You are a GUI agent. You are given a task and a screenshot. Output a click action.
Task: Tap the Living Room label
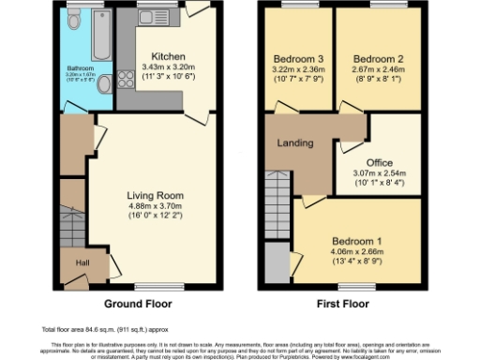coord(155,195)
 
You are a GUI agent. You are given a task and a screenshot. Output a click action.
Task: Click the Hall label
coord(82,262)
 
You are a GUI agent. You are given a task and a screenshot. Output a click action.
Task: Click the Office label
coord(380,162)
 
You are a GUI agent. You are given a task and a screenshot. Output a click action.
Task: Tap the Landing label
coord(294,143)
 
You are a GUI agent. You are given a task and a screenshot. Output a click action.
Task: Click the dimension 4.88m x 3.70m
coord(155,205)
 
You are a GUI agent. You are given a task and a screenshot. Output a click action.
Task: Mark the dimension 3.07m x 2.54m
coord(380,172)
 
